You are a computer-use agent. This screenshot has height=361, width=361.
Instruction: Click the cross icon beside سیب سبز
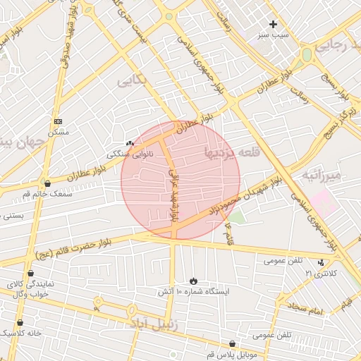274,24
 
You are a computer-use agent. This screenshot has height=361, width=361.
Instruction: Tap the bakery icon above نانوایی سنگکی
129,143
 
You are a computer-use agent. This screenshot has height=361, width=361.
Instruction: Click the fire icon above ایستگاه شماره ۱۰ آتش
194,281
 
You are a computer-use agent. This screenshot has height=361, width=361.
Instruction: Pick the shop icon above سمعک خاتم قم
47,183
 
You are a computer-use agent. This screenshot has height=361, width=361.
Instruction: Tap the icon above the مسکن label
58,121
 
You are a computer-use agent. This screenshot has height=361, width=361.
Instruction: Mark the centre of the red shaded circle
180,180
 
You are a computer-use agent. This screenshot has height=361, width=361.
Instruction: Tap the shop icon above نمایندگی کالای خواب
30,273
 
